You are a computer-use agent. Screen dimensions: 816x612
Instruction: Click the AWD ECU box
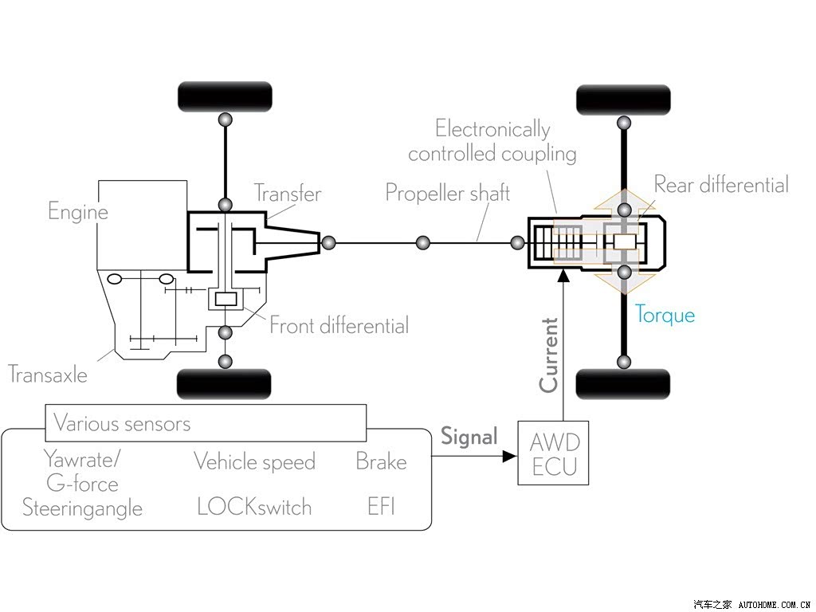click(553, 453)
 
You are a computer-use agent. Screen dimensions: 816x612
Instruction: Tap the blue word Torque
click(665, 315)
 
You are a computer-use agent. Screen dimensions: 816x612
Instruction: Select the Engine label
click(78, 212)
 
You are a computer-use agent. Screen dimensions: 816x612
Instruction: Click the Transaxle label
click(48, 375)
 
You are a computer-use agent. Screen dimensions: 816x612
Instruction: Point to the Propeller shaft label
click(448, 193)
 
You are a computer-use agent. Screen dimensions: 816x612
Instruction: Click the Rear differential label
click(721, 185)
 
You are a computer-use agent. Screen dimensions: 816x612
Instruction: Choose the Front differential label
click(339, 326)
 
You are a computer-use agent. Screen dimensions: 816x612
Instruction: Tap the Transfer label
click(288, 194)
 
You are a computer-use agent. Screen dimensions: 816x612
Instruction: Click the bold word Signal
click(469, 436)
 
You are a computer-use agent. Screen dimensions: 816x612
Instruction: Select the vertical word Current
click(549, 355)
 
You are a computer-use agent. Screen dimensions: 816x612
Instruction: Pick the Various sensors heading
click(122, 424)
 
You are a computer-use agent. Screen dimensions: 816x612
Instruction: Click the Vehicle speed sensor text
click(254, 461)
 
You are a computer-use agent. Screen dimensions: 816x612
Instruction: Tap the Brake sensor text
click(382, 461)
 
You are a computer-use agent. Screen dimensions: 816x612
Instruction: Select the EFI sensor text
click(382, 506)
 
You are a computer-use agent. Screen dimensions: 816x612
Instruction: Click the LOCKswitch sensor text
click(254, 507)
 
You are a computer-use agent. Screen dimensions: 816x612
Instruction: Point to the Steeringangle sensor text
click(82, 508)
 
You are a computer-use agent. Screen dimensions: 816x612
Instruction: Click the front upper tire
click(226, 96)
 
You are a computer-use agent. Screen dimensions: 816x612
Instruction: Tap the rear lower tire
click(623, 384)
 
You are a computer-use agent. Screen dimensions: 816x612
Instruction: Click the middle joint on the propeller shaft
click(423, 242)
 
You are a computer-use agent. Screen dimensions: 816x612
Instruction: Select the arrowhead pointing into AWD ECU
click(510, 457)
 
